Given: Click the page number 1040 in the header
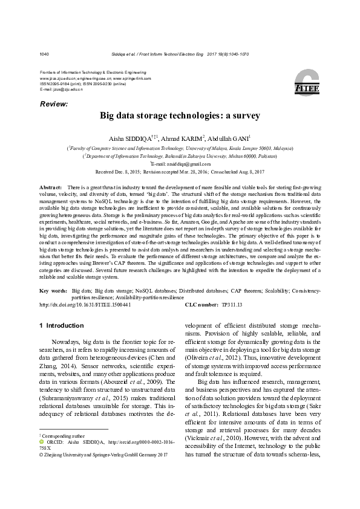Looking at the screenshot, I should tap(44, 54).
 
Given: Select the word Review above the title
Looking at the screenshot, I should tap(53, 105).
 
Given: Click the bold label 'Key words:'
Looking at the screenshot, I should tap(53, 291).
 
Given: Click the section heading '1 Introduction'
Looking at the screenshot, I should tap(61, 325).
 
